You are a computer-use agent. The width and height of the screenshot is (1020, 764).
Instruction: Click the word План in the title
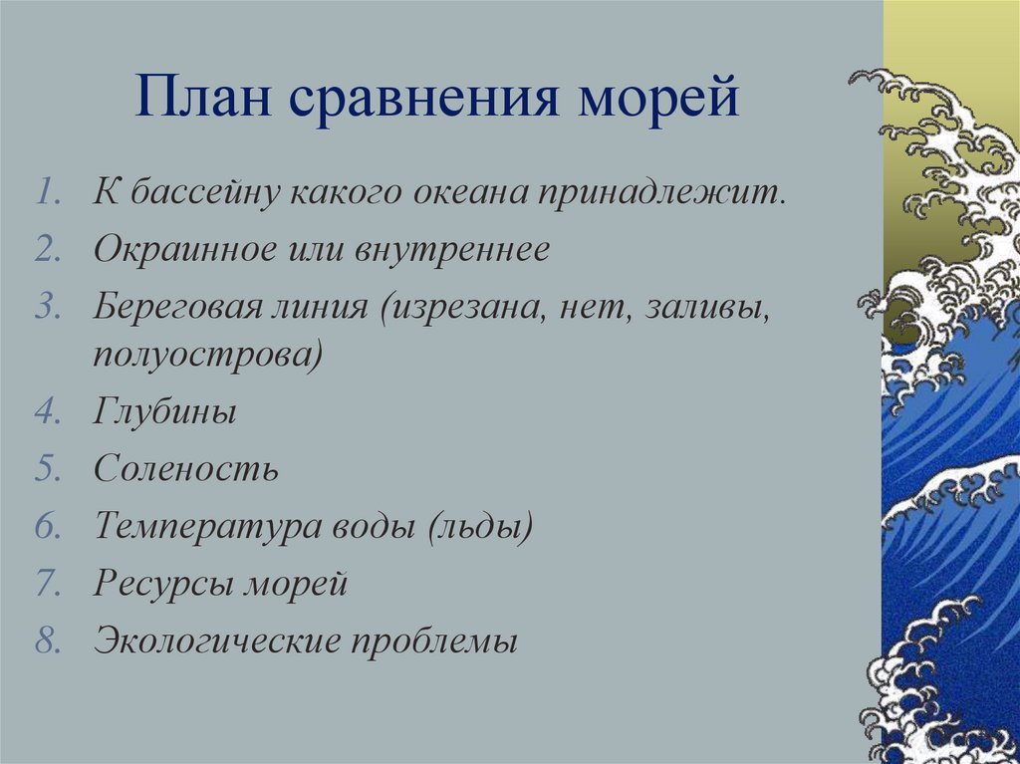203,97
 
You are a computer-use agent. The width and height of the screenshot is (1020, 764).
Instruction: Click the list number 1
48,193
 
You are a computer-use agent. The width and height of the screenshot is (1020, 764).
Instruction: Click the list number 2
48,249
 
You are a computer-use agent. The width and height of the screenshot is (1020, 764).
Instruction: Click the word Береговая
175,305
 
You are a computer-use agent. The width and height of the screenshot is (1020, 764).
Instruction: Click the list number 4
48,411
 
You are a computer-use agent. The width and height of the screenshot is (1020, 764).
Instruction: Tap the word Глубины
164,412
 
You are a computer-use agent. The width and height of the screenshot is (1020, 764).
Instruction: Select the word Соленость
186,468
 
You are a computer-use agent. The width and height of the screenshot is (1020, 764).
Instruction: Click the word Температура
207,527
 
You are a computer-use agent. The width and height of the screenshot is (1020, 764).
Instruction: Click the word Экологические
217,641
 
